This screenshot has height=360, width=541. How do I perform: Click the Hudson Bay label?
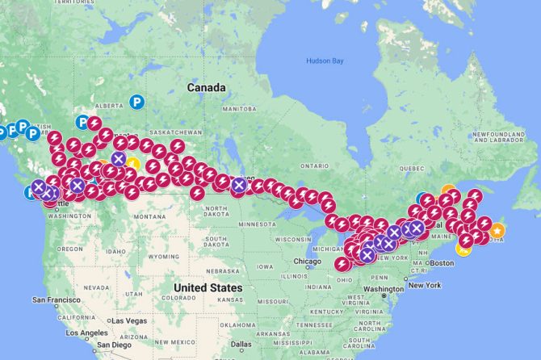click(x=325, y=61)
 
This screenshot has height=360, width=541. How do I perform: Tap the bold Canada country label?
click(x=206, y=86)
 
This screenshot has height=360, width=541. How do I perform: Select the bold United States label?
click(x=208, y=287)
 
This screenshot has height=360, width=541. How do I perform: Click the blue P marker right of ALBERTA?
click(x=138, y=103)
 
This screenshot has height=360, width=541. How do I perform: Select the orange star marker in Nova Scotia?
click(x=498, y=232)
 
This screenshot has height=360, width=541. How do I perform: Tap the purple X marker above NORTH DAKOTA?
click(x=238, y=186)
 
